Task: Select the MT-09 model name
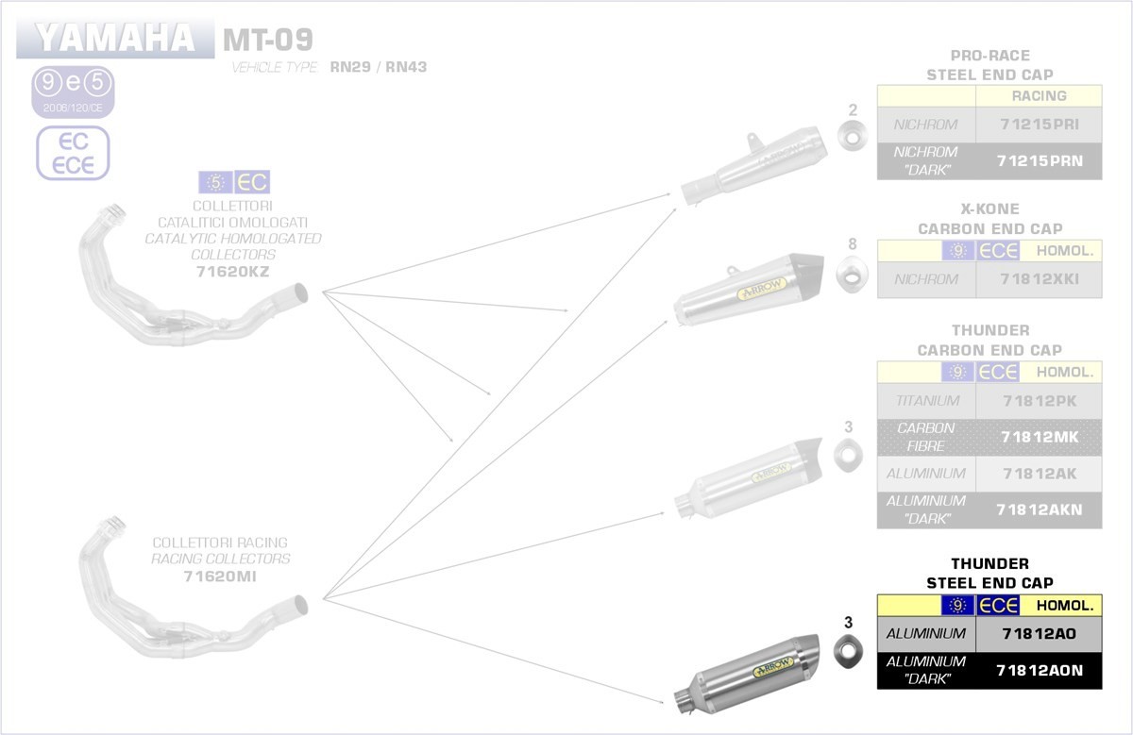click(x=267, y=40)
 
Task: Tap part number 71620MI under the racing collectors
click(x=220, y=576)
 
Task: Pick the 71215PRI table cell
click(x=1039, y=124)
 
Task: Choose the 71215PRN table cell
click(x=1039, y=160)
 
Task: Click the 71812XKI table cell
click(x=1039, y=279)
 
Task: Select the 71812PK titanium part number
click(x=1039, y=400)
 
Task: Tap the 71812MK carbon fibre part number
click(x=1039, y=437)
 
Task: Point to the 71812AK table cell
click(x=1039, y=473)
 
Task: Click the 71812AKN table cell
click(x=1039, y=509)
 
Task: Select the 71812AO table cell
click(x=1039, y=633)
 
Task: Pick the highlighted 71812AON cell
click(x=1039, y=670)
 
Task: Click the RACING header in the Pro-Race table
click(x=1039, y=95)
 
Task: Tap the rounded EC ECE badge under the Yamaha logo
click(x=73, y=153)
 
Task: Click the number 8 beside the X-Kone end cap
click(x=853, y=244)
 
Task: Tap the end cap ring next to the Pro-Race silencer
click(x=854, y=139)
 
